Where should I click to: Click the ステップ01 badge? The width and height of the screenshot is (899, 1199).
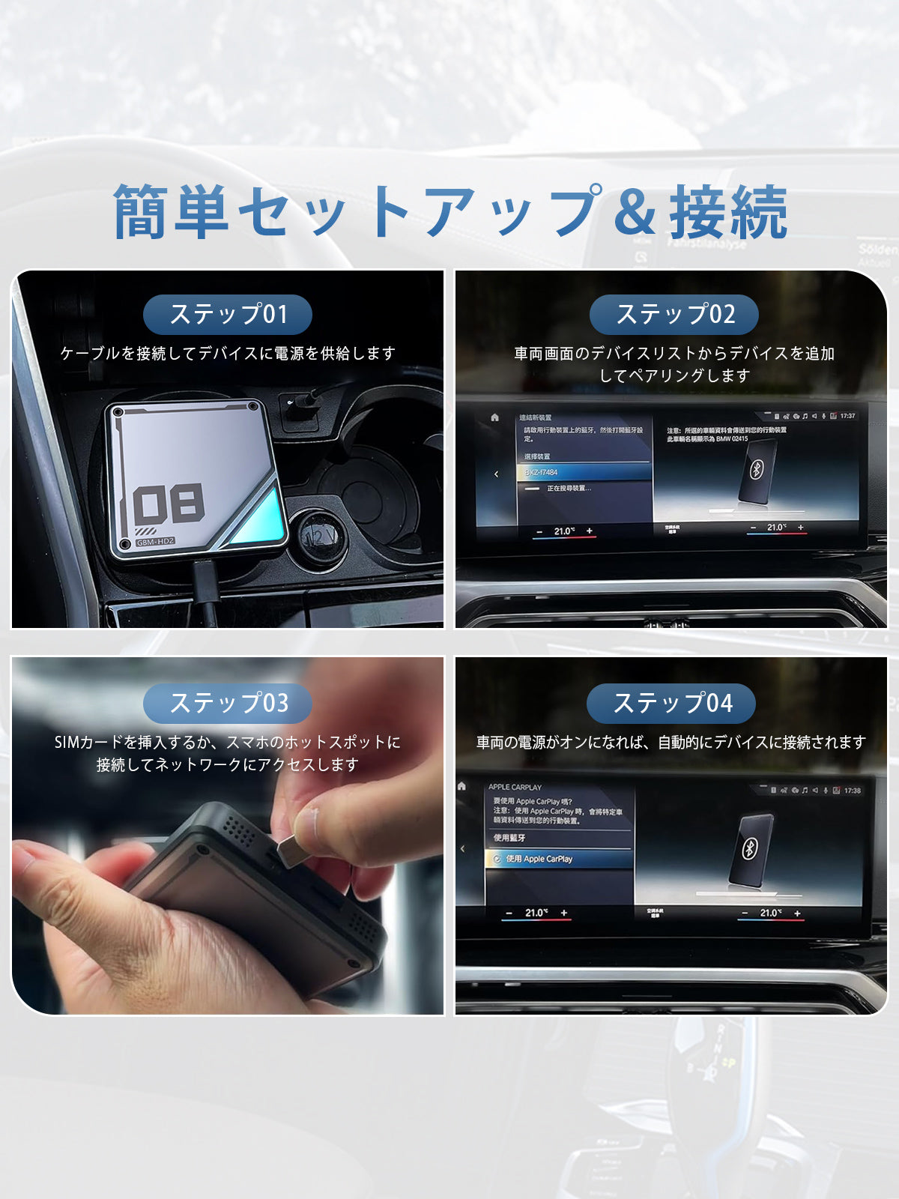pyautogui.click(x=228, y=314)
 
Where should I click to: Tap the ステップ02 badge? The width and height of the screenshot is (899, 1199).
pyautogui.click(x=674, y=314)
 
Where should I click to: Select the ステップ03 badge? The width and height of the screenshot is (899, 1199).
pyautogui.click(x=228, y=703)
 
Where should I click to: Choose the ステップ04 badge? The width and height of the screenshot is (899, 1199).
pyautogui.click(x=671, y=703)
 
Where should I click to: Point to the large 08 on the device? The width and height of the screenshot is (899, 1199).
pyautogui.click(x=169, y=504)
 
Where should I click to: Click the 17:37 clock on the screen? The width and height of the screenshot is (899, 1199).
pyautogui.click(x=847, y=416)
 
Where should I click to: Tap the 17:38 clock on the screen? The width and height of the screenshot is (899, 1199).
pyautogui.click(x=852, y=791)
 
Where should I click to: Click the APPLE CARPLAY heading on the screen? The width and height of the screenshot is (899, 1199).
pyautogui.click(x=515, y=787)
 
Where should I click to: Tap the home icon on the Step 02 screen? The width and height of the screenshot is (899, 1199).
pyautogui.click(x=494, y=417)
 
